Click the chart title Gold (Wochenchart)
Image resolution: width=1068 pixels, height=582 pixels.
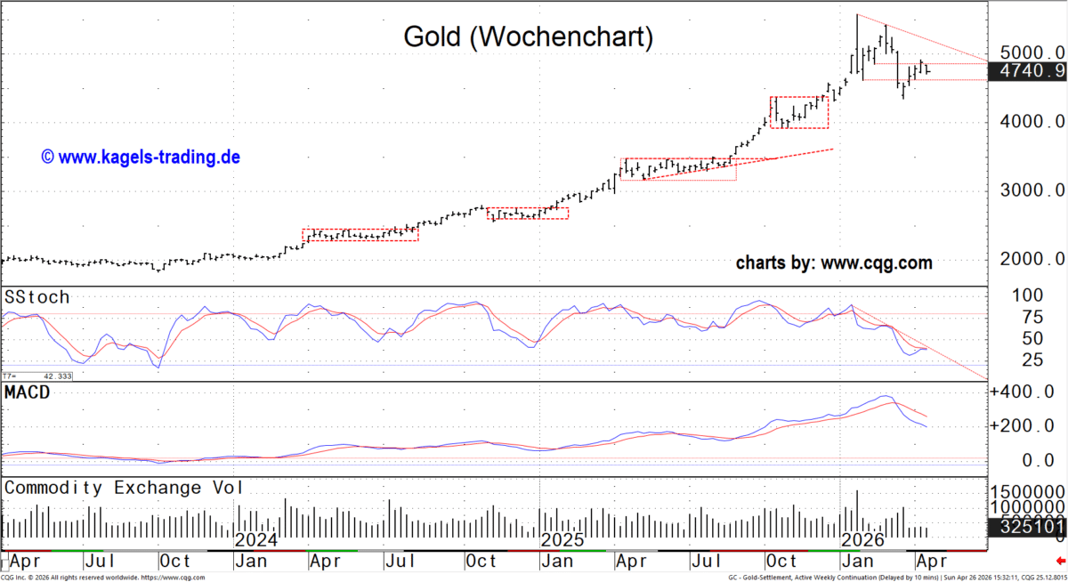[528, 37]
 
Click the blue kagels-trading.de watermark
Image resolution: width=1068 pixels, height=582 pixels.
[141, 158]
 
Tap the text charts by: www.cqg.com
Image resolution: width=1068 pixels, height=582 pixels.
[834, 263]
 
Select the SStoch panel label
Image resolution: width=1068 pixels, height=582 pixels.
[37, 297]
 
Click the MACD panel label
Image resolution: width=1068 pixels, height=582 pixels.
[29, 392]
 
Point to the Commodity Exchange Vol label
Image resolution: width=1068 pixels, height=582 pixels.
[125, 488]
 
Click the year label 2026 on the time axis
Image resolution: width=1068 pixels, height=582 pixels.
[862, 540]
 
